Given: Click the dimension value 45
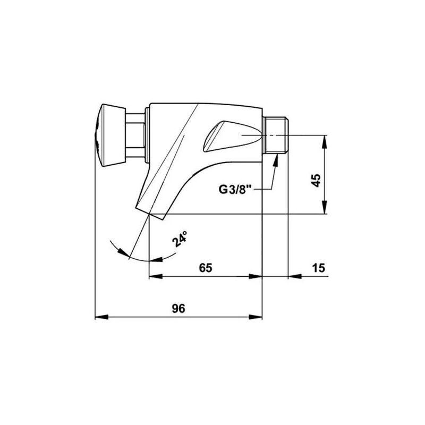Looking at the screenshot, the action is pos(316,180).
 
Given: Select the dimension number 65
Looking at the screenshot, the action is pos(206,268).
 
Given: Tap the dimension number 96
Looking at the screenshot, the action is pos(178,309).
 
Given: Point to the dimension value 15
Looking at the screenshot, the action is pos(318,268).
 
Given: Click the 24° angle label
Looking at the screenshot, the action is pos(180,239).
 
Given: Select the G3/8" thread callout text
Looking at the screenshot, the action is pos(235,189).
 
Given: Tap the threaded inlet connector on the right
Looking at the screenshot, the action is pos(275,135).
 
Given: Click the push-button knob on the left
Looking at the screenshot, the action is pos(110,135).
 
